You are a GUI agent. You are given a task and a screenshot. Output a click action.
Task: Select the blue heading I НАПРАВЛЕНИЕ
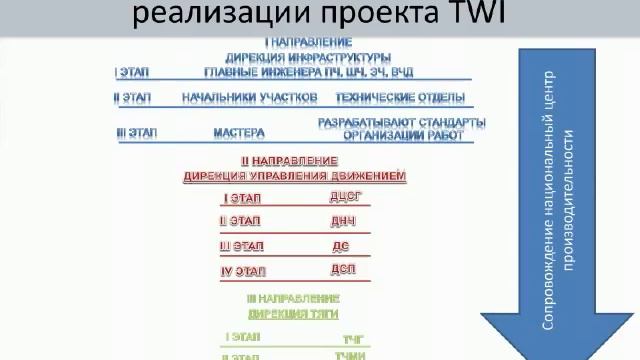pyautogui.click(x=308, y=42)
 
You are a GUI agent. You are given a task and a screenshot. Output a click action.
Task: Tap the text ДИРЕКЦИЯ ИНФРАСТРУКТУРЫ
pyautogui.click(x=308, y=57)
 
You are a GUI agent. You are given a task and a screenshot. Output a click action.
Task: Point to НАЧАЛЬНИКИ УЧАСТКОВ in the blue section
pyautogui.click(x=250, y=98)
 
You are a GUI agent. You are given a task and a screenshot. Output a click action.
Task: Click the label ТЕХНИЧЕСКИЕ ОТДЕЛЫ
pyautogui.click(x=400, y=98)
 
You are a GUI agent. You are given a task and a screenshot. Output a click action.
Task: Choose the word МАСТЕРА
pyautogui.click(x=239, y=132)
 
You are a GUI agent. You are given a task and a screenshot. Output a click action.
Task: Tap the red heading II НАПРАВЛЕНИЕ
pyautogui.click(x=289, y=161)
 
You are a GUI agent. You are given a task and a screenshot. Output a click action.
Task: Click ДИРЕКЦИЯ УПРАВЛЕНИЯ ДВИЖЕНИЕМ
pyautogui.click(x=295, y=176)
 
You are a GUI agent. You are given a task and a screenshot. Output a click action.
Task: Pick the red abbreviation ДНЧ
pyautogui.click(x=343, y=221)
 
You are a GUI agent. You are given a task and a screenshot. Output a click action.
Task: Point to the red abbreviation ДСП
pyautogui.click(x=343, y=270)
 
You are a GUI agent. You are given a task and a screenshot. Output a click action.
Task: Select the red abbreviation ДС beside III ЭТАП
pyautogui.click(x=340, y=246)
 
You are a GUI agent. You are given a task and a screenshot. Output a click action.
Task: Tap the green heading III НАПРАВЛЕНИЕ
pyautogui.click(x=293, y=299)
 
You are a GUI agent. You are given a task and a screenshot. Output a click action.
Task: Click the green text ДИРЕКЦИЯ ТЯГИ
pyautogui.click(x=293, y=313)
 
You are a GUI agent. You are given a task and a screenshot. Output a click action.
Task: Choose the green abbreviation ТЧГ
pyautogui.click(x=356, y=339)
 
